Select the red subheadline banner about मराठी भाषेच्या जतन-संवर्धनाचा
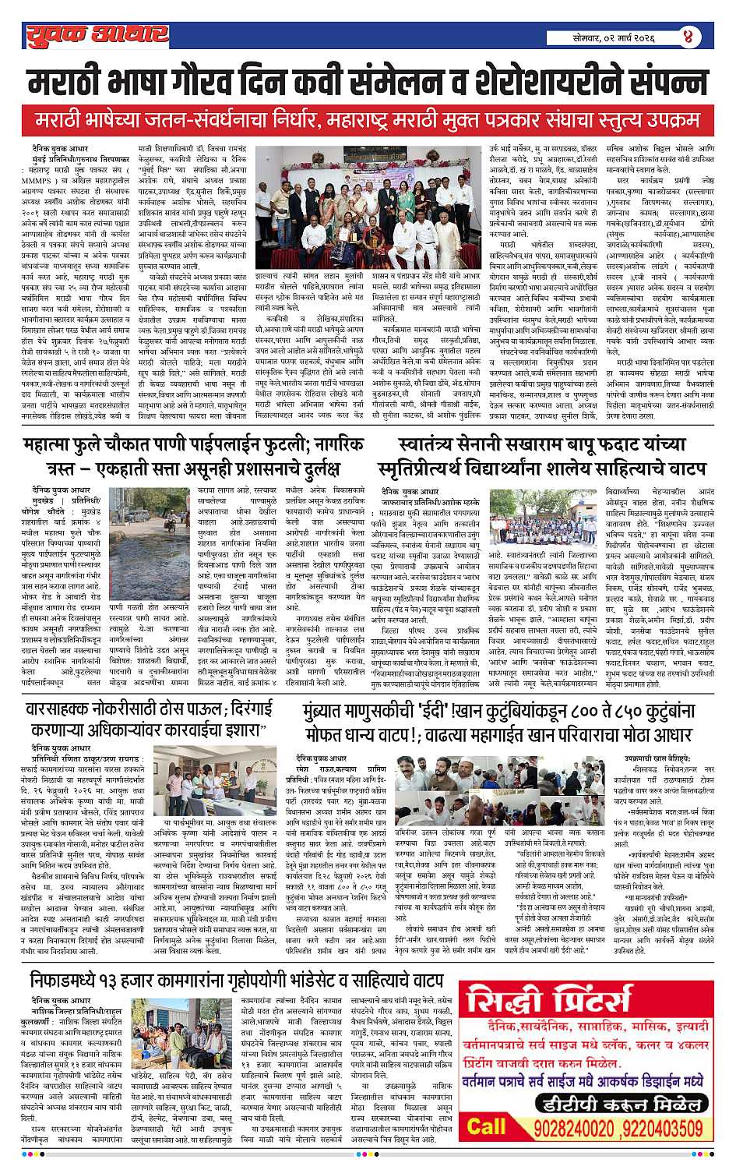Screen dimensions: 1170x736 (x=368, y=122)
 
